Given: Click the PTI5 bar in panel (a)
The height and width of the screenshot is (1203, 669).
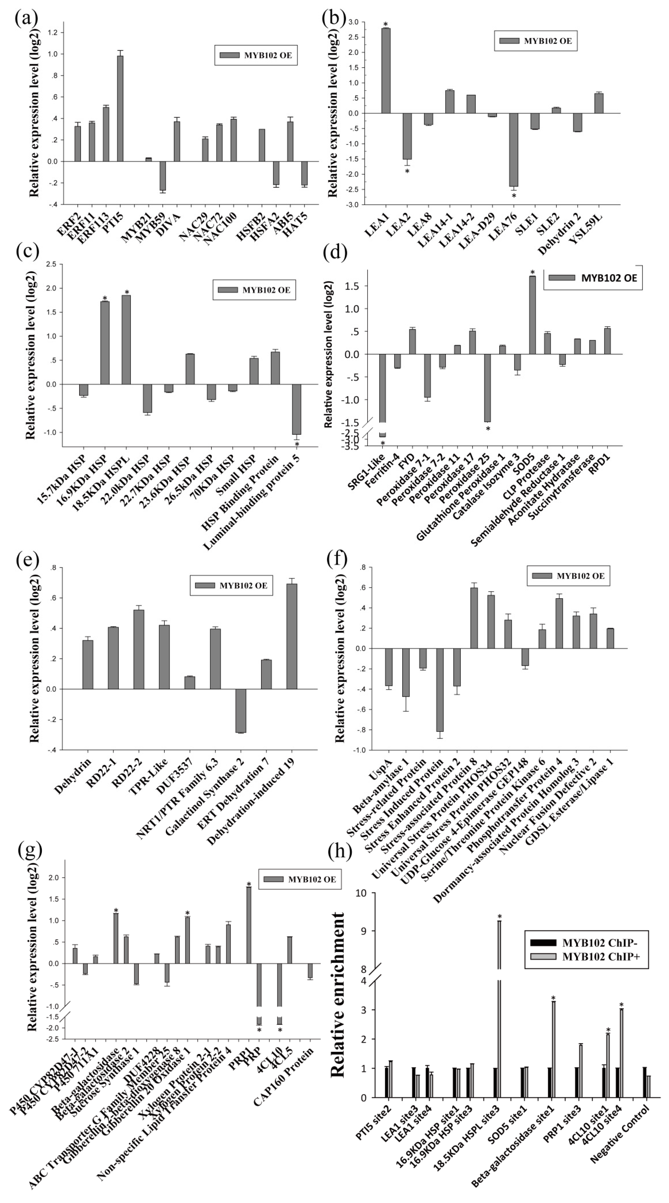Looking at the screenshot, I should tap(120, 108).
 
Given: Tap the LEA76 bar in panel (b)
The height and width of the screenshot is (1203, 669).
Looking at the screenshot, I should tap(513, 149).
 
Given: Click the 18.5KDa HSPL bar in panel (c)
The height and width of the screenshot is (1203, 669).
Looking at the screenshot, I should tap(126, 340).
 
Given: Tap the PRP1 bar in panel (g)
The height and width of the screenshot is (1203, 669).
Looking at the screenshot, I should tap(249, 925).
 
